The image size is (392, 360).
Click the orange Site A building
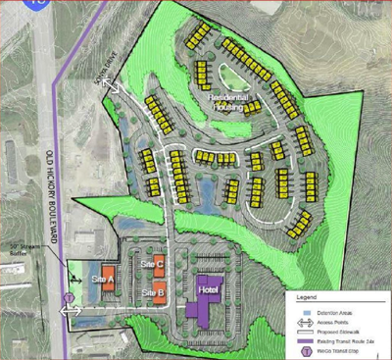[x=109, y=276]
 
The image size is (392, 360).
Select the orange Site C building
[x=157, y=261]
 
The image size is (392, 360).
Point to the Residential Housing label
[x=231, y=104]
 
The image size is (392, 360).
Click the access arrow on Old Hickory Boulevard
[x=72, y=311]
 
